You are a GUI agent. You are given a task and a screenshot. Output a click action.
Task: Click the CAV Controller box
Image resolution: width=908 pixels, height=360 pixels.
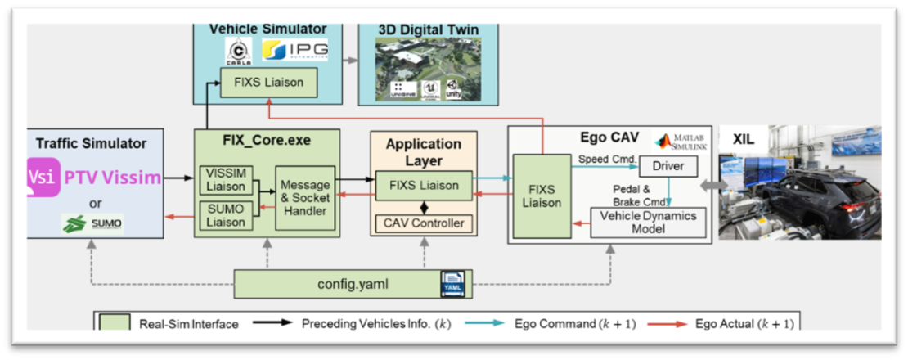tap(423, 223)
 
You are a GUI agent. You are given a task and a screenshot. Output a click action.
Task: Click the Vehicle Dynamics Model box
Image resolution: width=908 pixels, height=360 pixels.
tap(649, 223)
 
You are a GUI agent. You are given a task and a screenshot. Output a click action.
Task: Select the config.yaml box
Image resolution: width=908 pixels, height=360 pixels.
tap(351, 285)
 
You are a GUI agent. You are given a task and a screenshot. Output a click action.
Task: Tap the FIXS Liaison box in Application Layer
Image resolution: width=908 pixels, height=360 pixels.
tap(423, 185)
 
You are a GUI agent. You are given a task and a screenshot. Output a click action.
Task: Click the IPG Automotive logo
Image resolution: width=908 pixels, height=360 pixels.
tap(295, 51)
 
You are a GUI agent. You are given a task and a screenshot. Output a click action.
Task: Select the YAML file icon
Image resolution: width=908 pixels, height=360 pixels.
tap(452, 283)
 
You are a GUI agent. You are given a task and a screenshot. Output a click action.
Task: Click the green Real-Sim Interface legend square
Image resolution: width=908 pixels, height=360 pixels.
tap(115, 323)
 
